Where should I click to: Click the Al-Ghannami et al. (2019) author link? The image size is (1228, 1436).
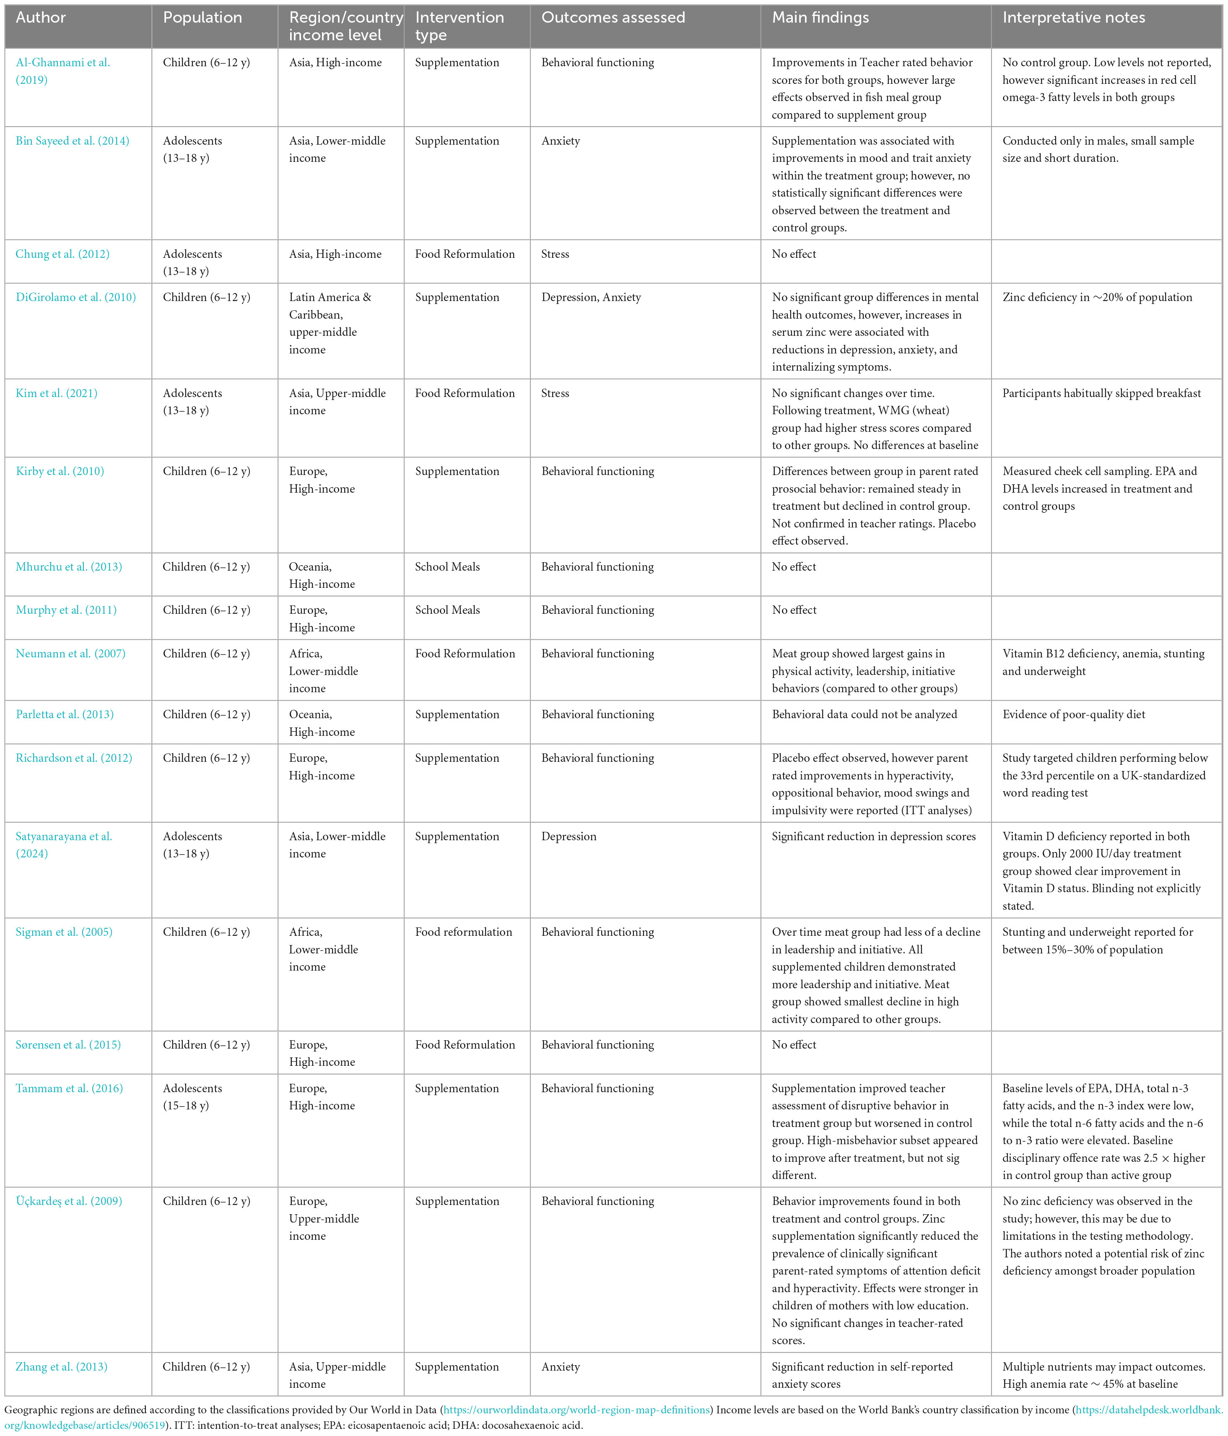(x=62, y=71)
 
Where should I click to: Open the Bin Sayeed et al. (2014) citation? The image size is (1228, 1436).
(x=72, y=141)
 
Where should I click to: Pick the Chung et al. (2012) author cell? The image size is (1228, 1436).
(x=62, y=254)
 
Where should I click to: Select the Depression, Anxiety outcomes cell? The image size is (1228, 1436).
(x=590, y=297)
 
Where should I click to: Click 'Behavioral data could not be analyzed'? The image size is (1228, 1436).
(x=864, y=714)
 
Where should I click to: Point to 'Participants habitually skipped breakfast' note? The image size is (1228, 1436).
(x=1101, y=393)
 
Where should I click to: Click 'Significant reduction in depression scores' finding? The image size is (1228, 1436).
(x=873, y=836)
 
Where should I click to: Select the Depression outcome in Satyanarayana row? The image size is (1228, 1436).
(x=568, y=836)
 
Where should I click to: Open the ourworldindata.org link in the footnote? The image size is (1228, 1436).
(x=576, y=1410)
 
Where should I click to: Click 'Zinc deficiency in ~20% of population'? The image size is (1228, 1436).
(x=1097, y=297)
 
